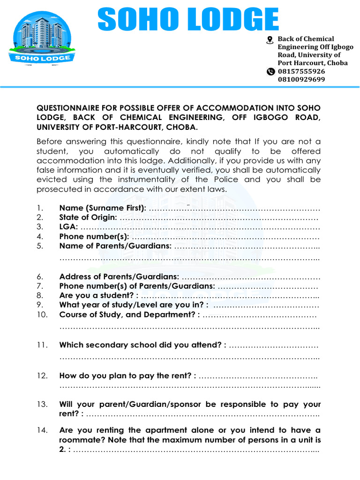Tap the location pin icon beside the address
(270, 40)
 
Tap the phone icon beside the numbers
(270, 72)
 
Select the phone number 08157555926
(301, 71)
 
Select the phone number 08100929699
(301, 79)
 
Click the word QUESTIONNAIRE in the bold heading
(75, 108)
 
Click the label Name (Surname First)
(103, 208)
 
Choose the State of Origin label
(88, 217)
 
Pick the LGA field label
(68, 227)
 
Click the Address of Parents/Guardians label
(119, 277)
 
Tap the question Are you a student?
(98, 295)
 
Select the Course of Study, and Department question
(129, 315)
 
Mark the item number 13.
(42, 404)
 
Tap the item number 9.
(40, 305)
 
